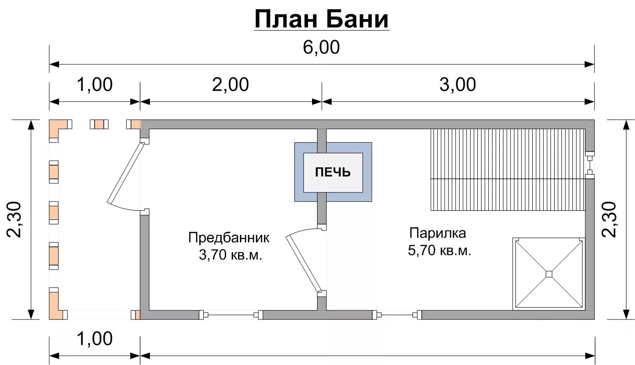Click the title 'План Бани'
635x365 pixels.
pos(322,20)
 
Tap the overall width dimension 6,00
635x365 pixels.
pos(322,47)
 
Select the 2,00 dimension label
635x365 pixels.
pos(230,85)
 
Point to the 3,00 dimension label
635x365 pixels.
pos(458,85)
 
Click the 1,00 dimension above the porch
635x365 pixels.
pos(95,85)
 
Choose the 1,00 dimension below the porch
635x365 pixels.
pos(95,339)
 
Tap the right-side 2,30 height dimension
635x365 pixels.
pos(610,219)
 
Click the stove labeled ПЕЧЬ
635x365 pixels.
pos(333,172)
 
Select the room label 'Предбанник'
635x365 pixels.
pos(229,238)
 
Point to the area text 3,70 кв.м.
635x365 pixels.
pos(230,255)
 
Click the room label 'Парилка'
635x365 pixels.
pos(437,233)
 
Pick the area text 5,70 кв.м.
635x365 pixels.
pos(439,250)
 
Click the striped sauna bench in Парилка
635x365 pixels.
pos(507,169)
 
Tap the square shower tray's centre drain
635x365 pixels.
pos(549,274)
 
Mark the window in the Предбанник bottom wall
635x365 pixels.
pos(231,314)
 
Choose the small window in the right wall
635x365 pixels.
pos(590,164)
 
